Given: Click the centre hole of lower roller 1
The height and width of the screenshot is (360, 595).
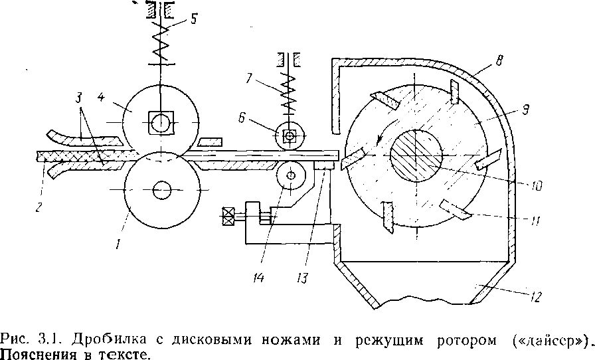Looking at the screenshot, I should click(161, 191).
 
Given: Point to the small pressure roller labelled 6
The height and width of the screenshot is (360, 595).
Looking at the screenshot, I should click(290, 136).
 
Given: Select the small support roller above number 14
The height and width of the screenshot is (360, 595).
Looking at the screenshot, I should click(290, 177).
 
